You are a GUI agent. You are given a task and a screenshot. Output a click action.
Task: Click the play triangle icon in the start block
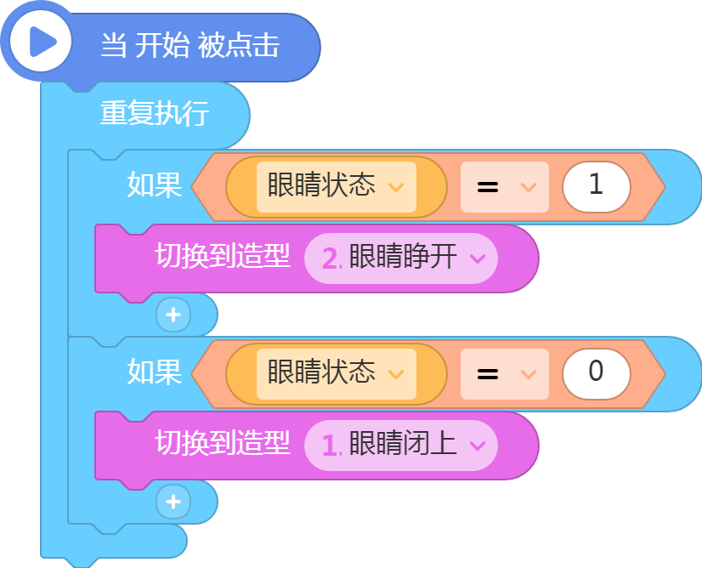click(x=42, y=42)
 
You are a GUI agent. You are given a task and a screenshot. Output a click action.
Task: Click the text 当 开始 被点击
click(x=190, y=45)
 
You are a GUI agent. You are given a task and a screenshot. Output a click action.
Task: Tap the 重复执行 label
click(x=155, y=113)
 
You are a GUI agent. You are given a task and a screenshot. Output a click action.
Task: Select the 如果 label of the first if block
click(x=155, y=185)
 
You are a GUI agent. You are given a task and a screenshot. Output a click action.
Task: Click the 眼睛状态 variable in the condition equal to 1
click(x=321, y=185)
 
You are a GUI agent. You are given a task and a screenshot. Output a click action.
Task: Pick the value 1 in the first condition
click(x=596, y=185)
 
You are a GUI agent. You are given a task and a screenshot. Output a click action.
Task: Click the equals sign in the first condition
click(x=488, y=187)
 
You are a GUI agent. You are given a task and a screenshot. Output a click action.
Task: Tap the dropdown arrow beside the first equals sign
click(x=529, y=187)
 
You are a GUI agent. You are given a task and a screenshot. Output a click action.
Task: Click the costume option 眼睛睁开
click(x=403, y=257)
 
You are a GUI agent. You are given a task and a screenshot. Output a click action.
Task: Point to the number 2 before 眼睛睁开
click(x=331, y=258)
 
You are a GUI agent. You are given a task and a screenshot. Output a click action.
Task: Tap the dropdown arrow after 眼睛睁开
click(x=478, y=258)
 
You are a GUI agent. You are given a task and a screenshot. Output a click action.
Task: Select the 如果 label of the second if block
click(x=155, y=372)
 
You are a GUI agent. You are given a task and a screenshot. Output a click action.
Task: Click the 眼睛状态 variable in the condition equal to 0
click(x=321, y=372)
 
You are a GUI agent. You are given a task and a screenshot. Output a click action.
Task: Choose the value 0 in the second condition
click(x=596, y=371)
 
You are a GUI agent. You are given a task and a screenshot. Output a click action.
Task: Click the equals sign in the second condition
click(x=488, y=374)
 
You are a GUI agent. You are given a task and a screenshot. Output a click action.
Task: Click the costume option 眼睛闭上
click(x=403, y=444)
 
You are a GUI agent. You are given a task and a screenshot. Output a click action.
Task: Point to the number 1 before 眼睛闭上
click(x=330, y=446)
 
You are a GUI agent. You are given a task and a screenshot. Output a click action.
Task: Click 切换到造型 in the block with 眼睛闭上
click(x=223, y=444)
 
